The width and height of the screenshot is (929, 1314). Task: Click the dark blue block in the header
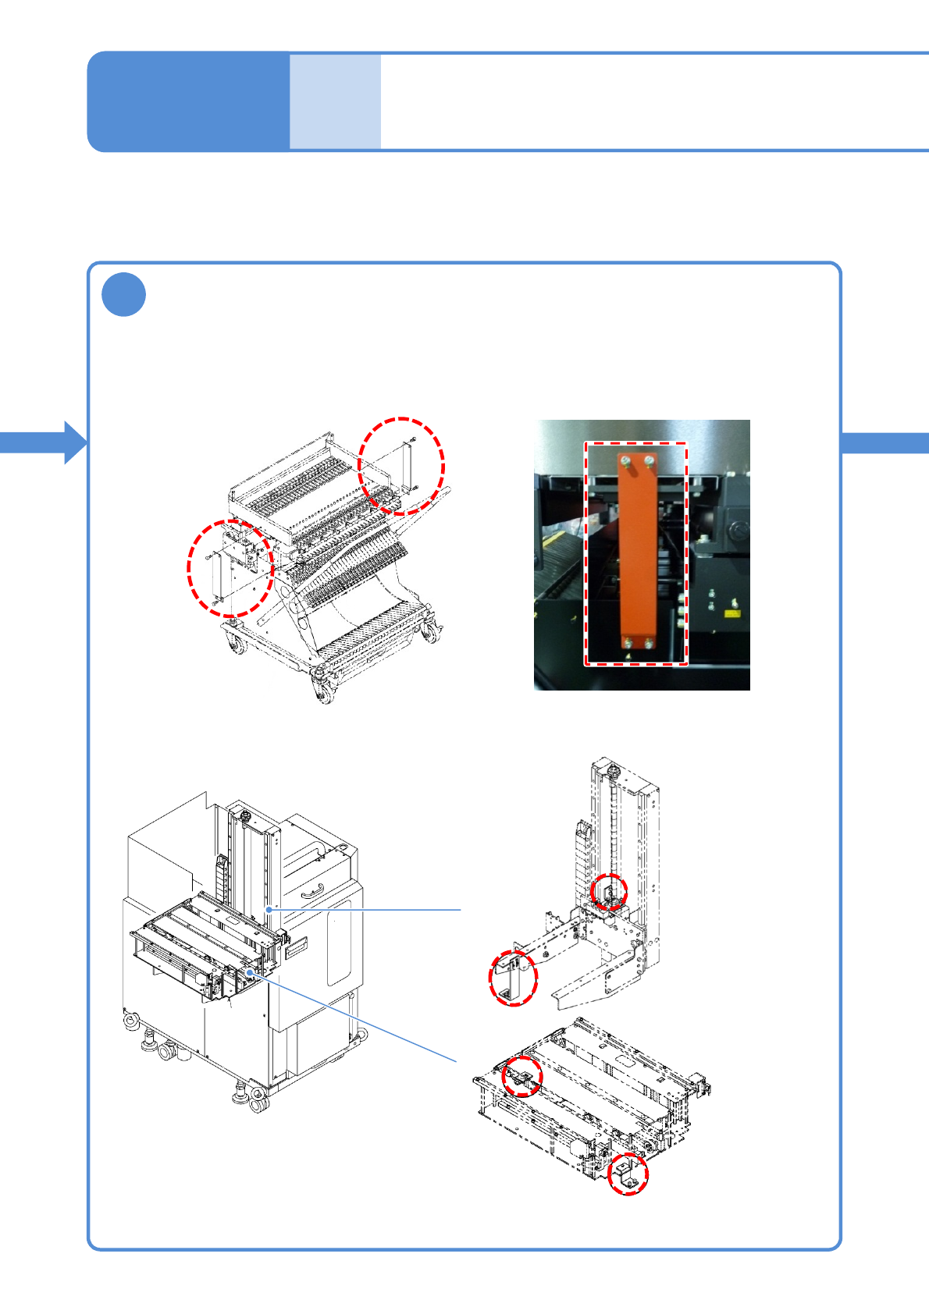click(x=188, y=101)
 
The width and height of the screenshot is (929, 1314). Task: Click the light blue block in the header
click(x=335, y=101)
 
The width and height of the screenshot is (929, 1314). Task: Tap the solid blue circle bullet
click(x=123, y=295)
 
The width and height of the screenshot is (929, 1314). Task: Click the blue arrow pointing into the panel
click(x=47, y=442)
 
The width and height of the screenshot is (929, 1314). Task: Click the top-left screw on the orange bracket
click(x=625, y=462)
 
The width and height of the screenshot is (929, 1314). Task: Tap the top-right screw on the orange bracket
click(x=650, y=462)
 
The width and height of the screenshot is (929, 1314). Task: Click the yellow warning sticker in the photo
click(x=731, y=614)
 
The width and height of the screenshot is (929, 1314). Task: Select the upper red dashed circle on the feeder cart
click(x=401, y=466)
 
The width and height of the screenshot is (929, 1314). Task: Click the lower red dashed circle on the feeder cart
click(x=230, y=568)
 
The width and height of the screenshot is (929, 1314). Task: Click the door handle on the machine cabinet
click(x=312, y=889)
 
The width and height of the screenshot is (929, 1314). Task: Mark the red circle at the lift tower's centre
click(x=608, y=893)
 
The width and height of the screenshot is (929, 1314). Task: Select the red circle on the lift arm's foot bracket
click(x=513, y=978)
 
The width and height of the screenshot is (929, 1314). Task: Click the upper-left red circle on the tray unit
click(x=522, y=1077)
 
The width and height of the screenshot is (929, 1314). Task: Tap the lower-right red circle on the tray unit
click(x=628, y=1175)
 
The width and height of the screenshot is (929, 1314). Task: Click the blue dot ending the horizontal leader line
click(x=269, y=909)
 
